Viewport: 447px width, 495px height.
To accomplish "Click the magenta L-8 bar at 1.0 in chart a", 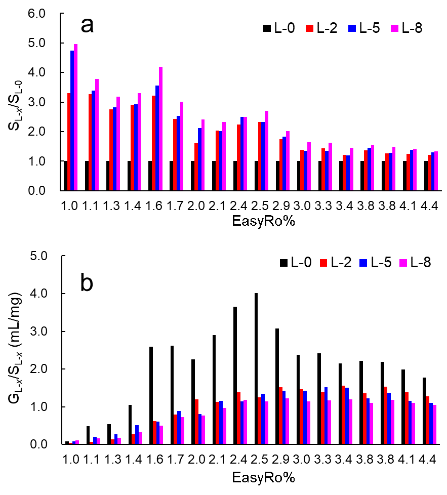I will point(76,117).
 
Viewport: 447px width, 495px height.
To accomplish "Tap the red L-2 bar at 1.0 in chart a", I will point(68,142).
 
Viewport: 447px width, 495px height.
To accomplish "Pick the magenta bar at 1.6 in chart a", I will point(160,129).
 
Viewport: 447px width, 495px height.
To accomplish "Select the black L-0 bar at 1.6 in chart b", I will point(151,395).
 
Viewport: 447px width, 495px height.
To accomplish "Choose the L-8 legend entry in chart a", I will point(407,29).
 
